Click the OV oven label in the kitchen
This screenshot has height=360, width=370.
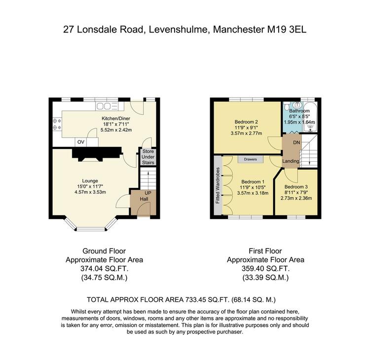click(81, 142)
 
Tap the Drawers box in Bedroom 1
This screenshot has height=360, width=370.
click(250, 159)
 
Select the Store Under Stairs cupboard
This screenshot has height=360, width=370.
click(148, 157)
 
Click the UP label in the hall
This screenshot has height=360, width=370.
click(148, 193)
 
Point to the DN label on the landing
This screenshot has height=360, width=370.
click(296, 143)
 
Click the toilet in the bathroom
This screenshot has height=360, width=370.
click(287, 106)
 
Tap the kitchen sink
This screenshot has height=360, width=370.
click(107, 106)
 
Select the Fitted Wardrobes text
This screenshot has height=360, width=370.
click(218, 185)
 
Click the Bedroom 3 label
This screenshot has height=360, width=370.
click(296, 187)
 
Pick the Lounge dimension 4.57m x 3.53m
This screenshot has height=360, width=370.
click(90, 192)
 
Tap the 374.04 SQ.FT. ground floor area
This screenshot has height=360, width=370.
click(104, 269)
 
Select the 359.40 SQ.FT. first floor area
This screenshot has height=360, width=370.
click(265, 269)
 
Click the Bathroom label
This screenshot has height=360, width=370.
click(299, 110)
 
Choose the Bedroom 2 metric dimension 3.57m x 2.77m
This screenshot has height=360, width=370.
click(246, 133)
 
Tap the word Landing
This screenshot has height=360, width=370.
click(291, 161)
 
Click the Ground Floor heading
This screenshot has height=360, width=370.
click(104, 251)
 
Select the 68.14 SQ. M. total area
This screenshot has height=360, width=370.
click(254, 300)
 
